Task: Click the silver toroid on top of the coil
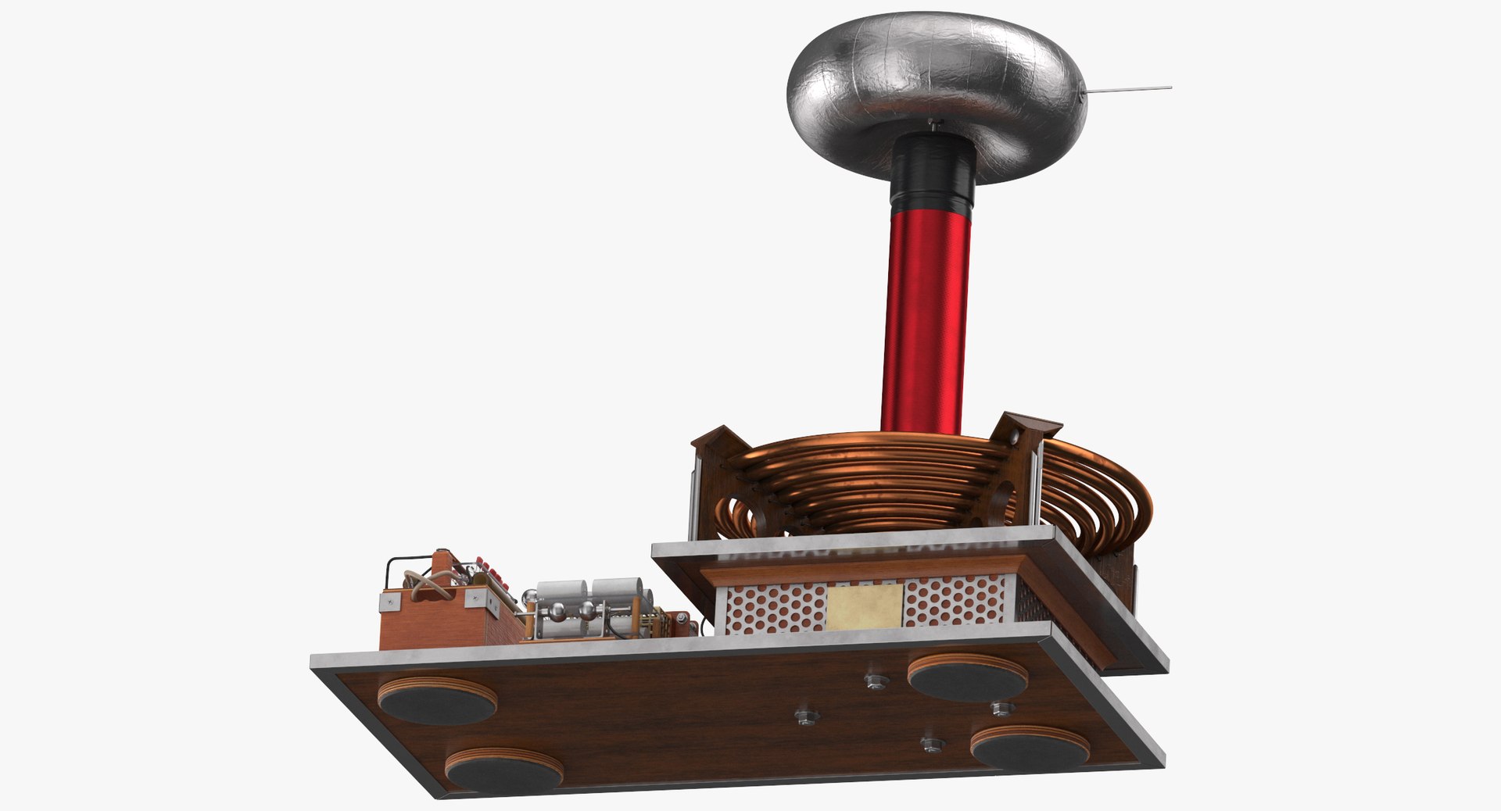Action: (x=934, y=78)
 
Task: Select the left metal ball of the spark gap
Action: (x=557, y=612)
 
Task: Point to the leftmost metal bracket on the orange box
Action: (x=392, y=602)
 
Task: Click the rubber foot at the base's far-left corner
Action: (x=438, y=701)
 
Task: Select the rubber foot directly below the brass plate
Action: (x=967, y=677)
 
